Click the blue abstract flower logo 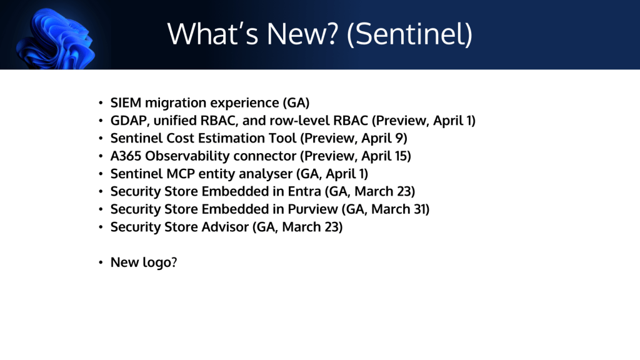click(55, 39)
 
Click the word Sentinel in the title click(409, 34)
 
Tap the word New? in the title click(302, 34)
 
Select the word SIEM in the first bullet click(126, 102)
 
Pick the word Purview click(312, 209)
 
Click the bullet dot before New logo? click(101, 262)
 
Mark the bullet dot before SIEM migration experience click(101, 103)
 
